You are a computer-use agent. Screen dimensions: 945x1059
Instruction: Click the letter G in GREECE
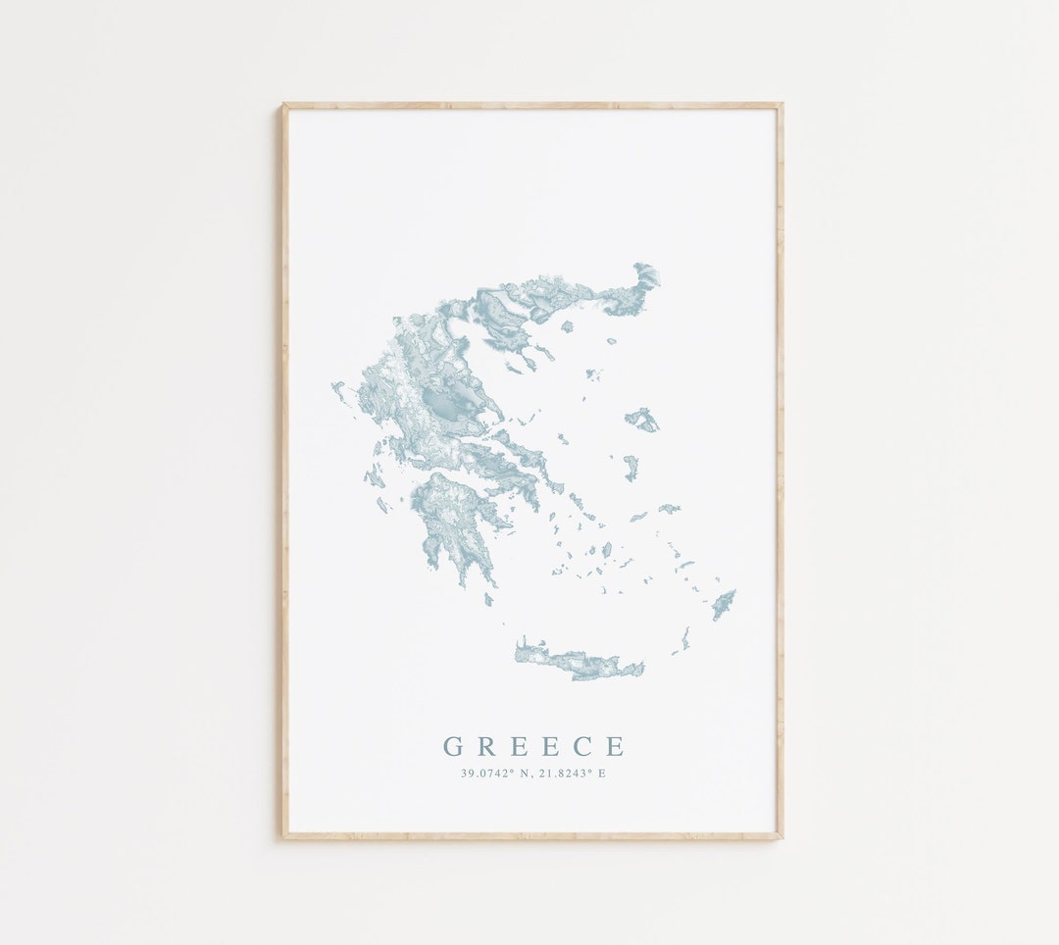click(453, 747)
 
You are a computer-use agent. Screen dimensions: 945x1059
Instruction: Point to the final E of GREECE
click(615, 747)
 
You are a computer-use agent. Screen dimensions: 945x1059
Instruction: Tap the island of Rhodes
click(724, 604)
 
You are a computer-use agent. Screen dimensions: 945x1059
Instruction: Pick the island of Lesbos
click(642, 420)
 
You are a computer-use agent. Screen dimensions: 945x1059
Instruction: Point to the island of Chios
click(630, 467)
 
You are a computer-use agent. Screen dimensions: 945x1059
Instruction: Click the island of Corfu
click(338, 390)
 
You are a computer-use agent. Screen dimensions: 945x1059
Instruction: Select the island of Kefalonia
click(374, 478)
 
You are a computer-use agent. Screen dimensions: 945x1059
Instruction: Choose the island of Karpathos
click(683, 640)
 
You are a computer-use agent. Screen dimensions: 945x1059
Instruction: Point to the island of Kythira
click(488, 599)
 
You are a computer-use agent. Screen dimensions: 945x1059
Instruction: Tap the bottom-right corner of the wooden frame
click(781, 837)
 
